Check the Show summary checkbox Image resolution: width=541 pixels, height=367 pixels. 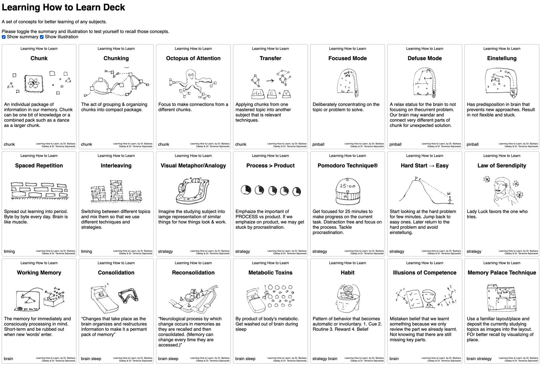4,37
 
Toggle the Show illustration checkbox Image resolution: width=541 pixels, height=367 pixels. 42,37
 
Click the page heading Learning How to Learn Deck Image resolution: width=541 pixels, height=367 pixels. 63,8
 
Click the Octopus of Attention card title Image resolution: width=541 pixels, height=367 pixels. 193,58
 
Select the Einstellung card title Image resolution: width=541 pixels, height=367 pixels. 502,58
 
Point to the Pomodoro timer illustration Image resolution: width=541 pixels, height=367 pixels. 347,191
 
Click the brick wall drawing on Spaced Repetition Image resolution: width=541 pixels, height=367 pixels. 39,190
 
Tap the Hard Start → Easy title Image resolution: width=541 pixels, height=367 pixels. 424,165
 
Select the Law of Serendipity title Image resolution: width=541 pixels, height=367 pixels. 502,165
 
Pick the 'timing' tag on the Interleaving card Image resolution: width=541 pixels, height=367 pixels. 86,252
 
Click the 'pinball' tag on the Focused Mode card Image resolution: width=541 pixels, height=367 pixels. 318,144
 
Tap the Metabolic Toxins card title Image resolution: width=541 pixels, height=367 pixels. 270,273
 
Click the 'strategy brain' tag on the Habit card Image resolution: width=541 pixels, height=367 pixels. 325,359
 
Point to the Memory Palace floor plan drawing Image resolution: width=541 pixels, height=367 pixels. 502,298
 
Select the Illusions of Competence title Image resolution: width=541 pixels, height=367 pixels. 424,273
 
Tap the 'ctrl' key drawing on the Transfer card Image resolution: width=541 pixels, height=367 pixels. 257,93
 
